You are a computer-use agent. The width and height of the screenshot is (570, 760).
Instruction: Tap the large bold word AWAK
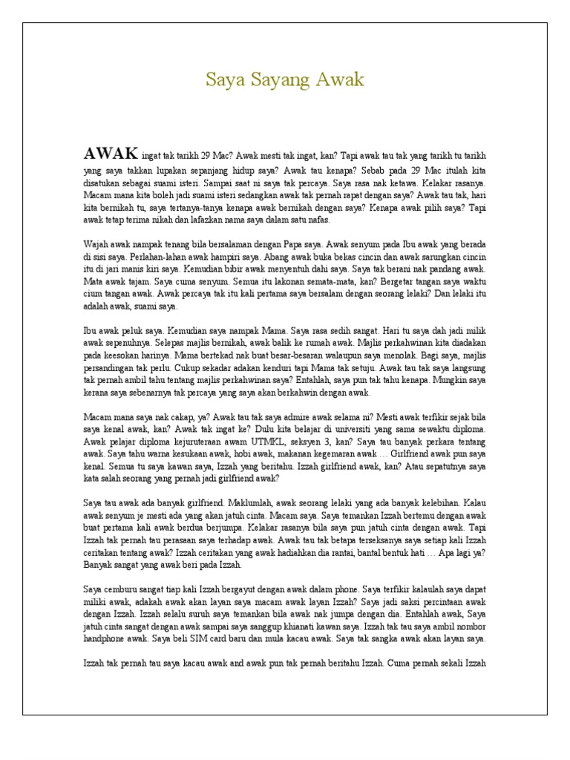click(111, 154)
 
